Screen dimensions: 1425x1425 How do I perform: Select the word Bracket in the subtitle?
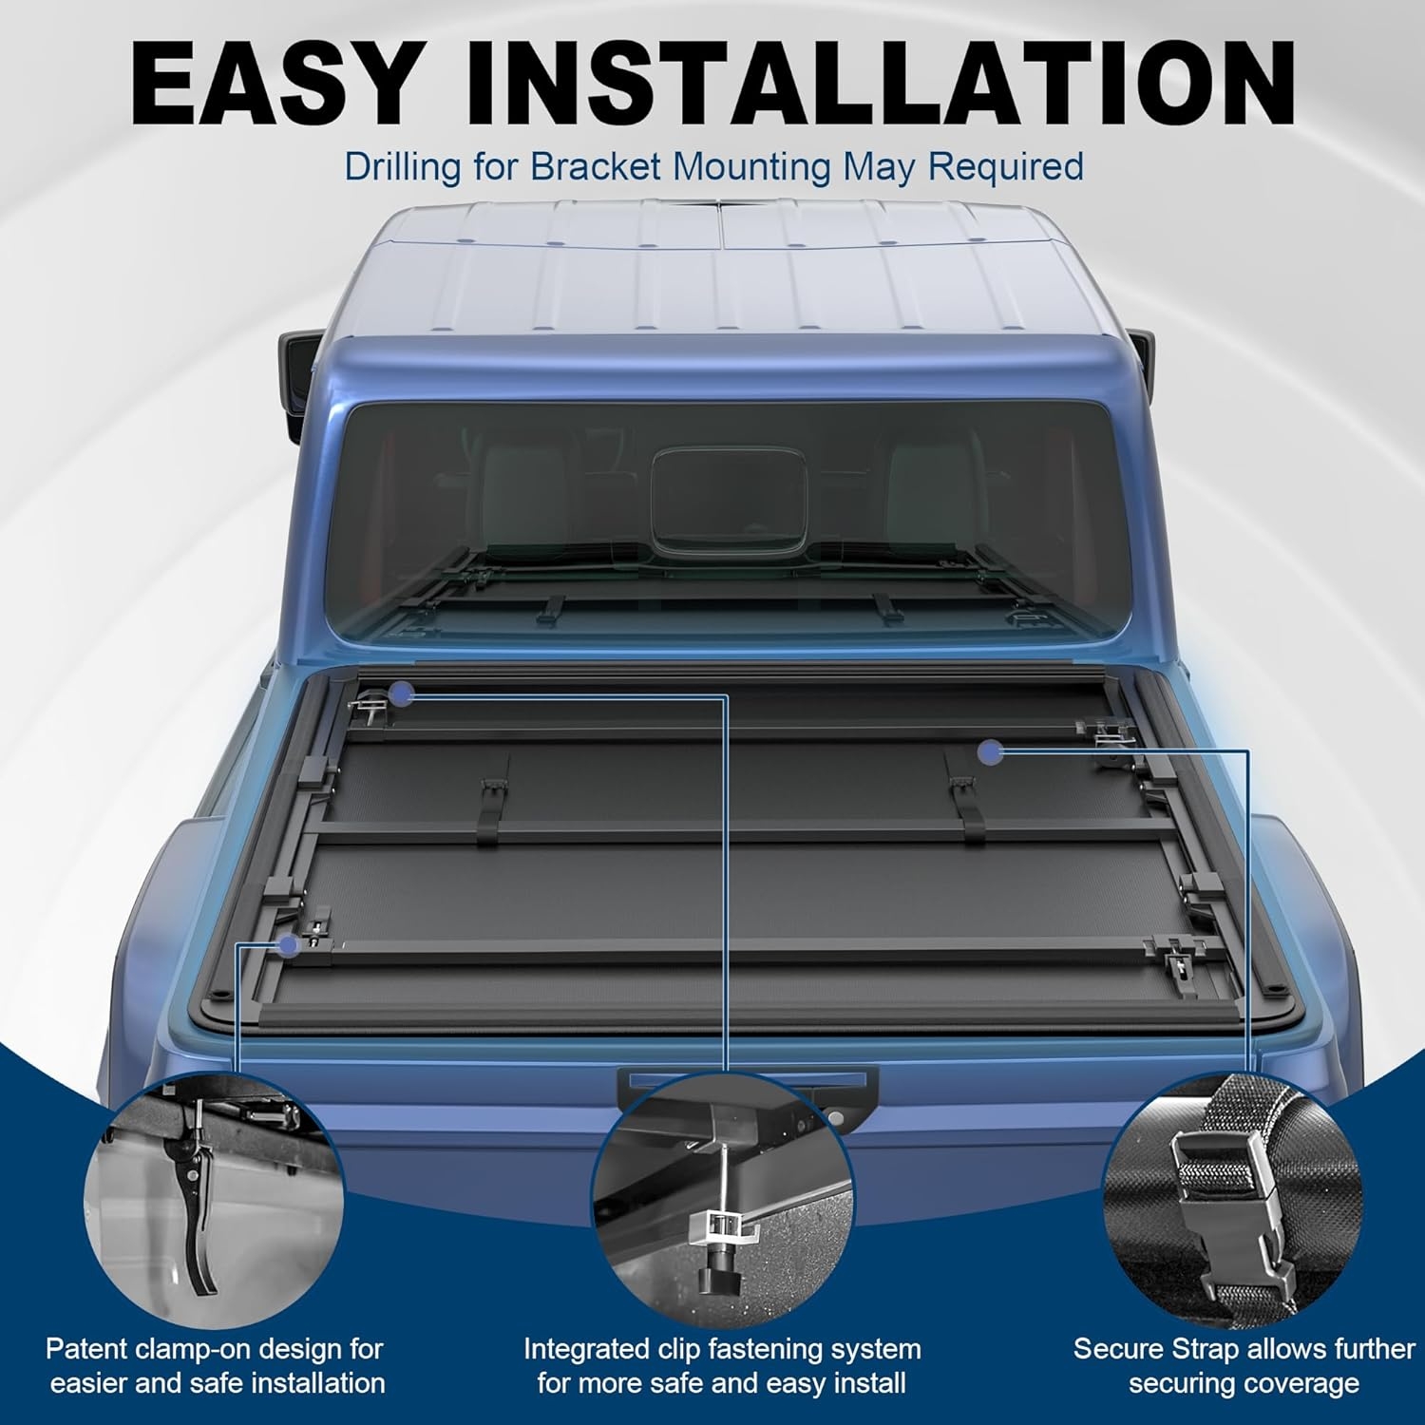(x=595, y=166)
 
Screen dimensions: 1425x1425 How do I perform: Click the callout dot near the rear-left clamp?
(x=286, y=944)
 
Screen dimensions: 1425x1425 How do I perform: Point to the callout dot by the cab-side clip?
(x=401, y=694)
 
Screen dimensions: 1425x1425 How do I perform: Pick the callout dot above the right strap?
(x=992, y=752)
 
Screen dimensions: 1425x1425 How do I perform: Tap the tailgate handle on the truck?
(x=747, y=1081)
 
